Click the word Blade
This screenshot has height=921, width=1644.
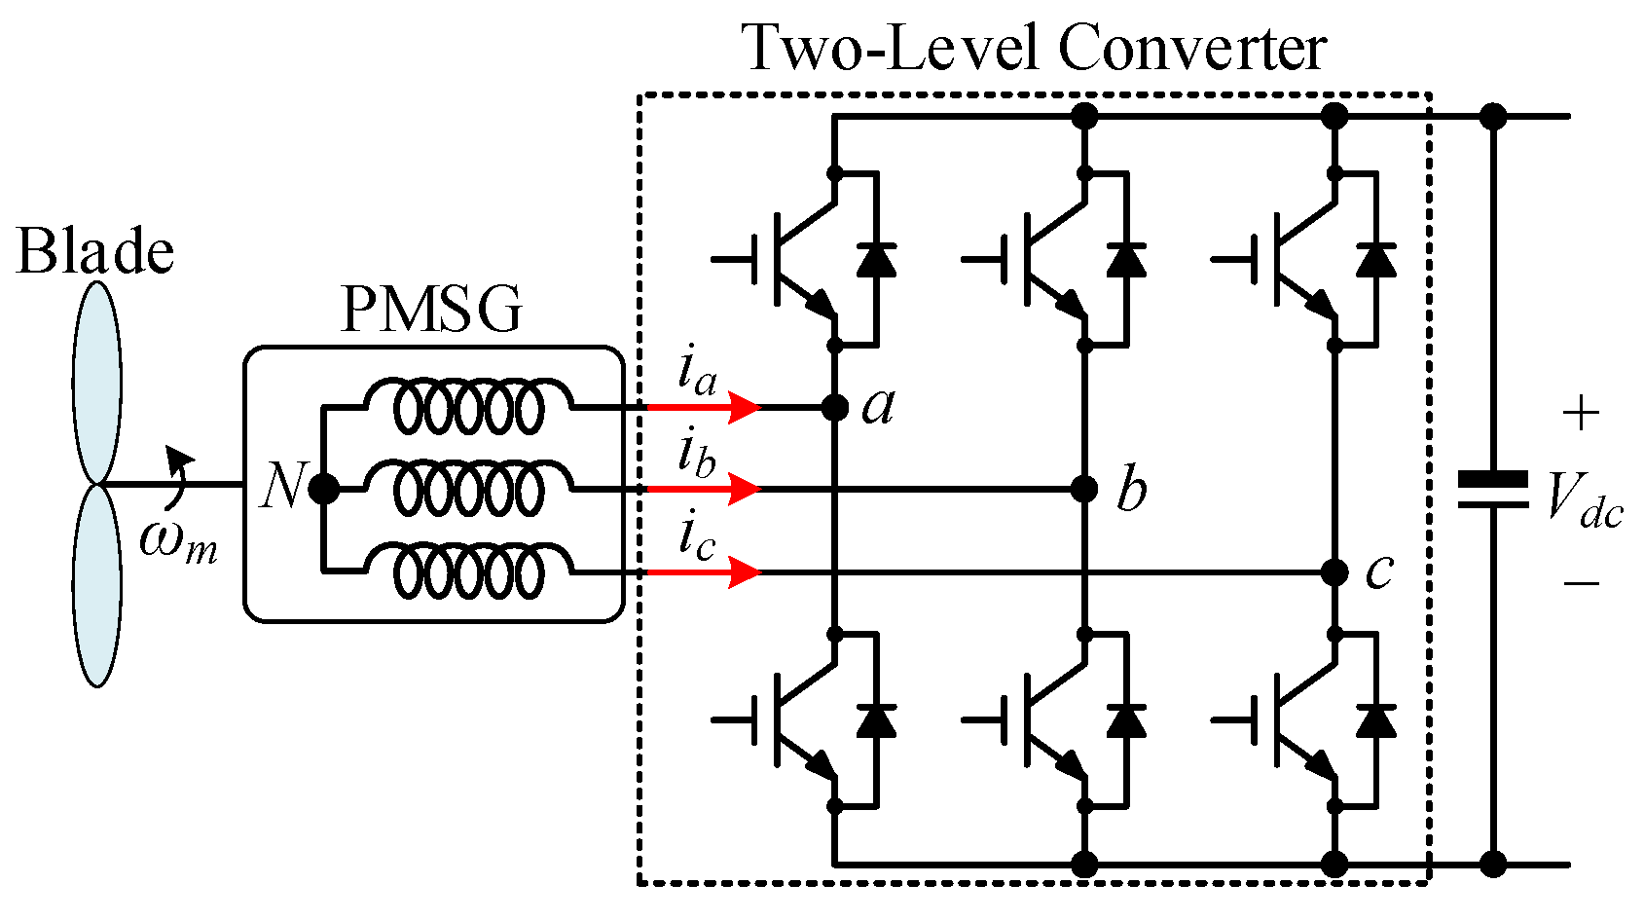tap(95, 251)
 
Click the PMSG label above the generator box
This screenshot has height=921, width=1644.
tap(431, 310)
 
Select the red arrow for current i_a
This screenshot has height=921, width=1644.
tap(703, 407)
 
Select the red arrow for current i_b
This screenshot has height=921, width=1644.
tap(703, 489)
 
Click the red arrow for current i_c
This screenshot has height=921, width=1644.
tap(703, 572)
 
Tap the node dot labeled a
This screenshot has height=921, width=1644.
tap(835, 407)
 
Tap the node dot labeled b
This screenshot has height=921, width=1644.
tap(1084, 489)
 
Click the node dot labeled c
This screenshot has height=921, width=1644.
tap(1334, 571)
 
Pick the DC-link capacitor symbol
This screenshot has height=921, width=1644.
tap(1492, 490)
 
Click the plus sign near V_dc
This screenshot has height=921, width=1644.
tap(1581, 415)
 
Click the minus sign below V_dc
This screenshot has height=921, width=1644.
tap(1581, 583)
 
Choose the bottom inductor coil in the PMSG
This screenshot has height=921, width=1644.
tap(468, 571)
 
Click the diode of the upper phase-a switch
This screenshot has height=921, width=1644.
tap(876, 260)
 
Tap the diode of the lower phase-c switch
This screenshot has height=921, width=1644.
tap(1376, 720)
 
